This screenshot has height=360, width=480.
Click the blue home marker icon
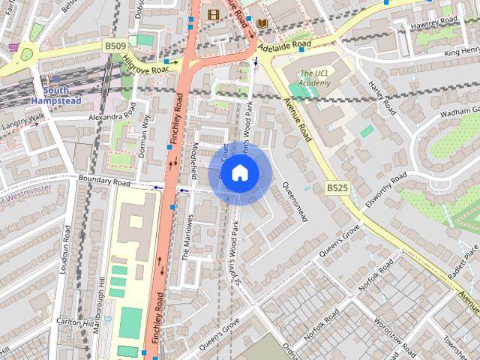pyautogui.click(x=239, y=172)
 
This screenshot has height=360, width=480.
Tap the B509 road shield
pyautogui.click(x=115, y=46)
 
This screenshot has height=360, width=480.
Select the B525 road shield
pyautogui.click(x=337, y=187)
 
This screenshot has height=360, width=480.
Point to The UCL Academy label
pyautogui.click(x=314, y=78)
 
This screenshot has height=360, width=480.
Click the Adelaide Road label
pyautogui.click(x=283, y=45)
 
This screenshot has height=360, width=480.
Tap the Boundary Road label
pyautogui.click(x=104, y=182)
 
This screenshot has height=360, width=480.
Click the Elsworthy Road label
pyautogui.click(x=384, y=190)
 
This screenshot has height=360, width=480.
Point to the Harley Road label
pyautogui.click(x=382, y=98)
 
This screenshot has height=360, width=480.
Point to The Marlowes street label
pyautogui.click(x=187, y=239)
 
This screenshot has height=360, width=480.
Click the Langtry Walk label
pyautogui.click(x=22, y=121)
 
